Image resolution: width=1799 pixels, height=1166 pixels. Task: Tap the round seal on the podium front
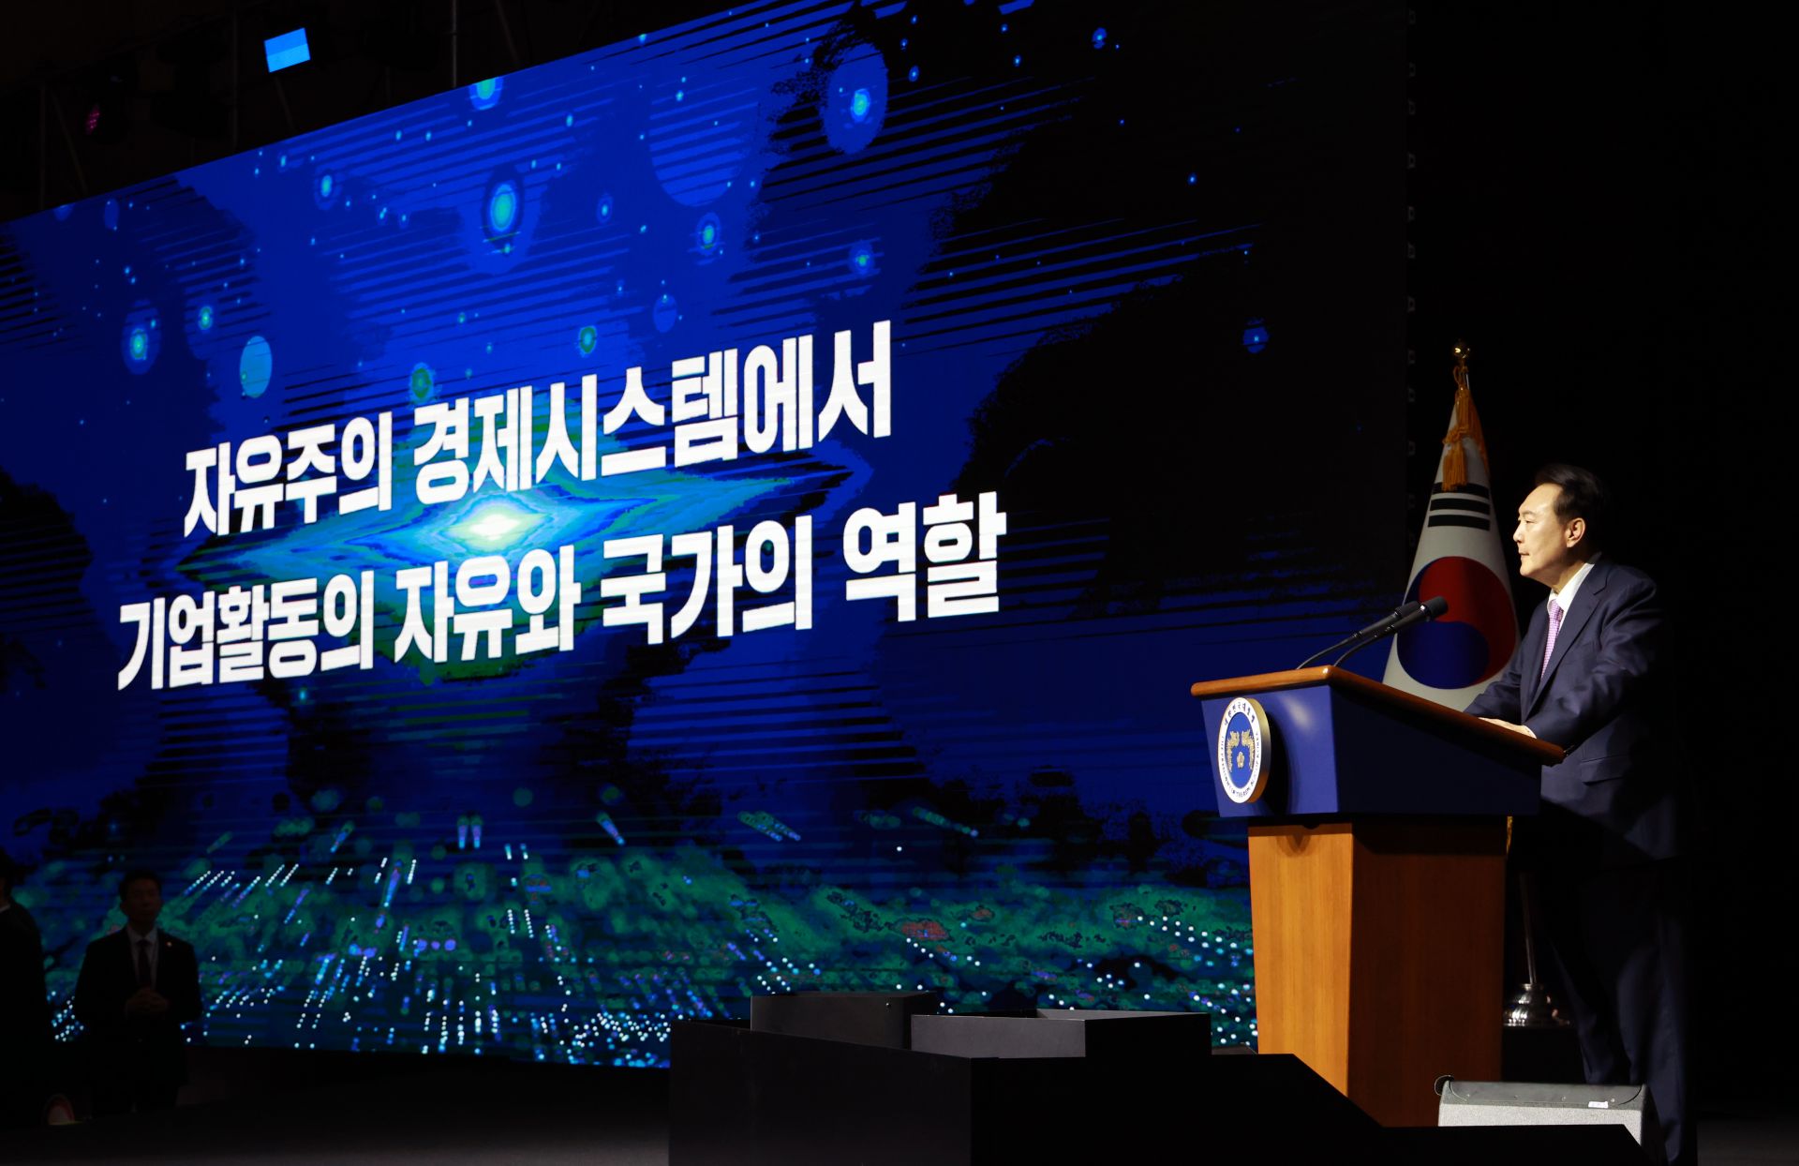pyautogui.click(x=1243, y=750)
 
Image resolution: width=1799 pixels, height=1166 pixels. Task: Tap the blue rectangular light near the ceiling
pyautogui.click(x=287, y=49)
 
